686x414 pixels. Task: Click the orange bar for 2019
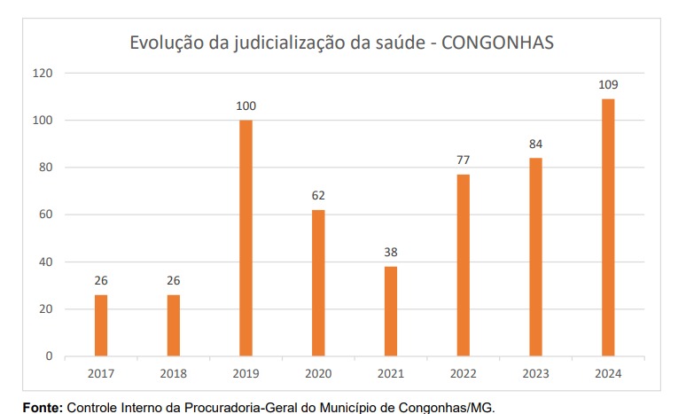246,238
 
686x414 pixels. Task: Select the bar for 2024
608,227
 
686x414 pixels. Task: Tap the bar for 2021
391,311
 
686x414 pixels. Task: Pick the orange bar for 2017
101,325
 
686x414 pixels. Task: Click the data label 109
608,85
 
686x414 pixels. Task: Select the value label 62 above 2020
318,195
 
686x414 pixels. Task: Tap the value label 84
535,144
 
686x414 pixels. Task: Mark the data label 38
391,252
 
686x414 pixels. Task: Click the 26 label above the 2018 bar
174,281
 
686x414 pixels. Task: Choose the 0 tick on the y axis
50,356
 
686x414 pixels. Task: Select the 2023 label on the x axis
535,373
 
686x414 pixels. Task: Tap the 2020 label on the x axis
318,373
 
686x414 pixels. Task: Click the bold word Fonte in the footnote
43,407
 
